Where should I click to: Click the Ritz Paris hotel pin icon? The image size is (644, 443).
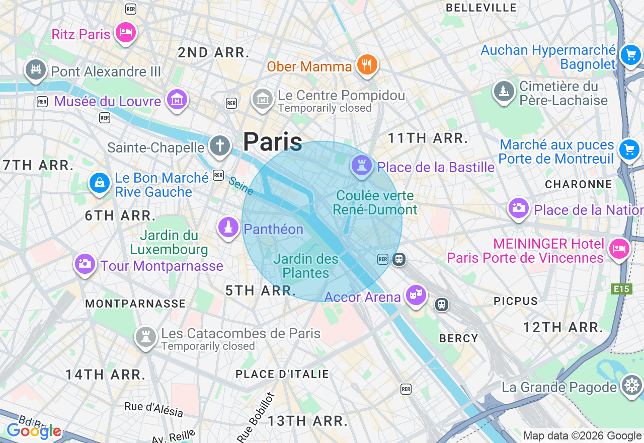tap(125, 33)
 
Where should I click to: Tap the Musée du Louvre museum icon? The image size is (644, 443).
tap(177, 99)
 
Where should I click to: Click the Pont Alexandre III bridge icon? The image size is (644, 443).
tap(36, 70)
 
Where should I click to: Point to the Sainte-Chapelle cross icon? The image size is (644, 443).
tap(219, 146)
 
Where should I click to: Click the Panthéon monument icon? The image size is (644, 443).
tap(228, 228)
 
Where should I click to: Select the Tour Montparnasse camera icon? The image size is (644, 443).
tap(85, 264)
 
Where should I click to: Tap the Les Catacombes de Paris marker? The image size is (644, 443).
tap(146, 337)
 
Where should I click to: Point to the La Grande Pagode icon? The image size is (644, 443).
tap(631, 386)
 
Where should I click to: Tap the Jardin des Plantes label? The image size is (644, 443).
tap(306, 266)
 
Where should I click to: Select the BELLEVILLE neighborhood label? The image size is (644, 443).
tap(481, 8)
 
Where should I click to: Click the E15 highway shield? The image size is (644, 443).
tap(621, 289)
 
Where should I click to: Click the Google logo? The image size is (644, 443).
tap(34, 431)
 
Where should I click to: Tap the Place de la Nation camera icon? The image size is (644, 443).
tap(518, 208)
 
